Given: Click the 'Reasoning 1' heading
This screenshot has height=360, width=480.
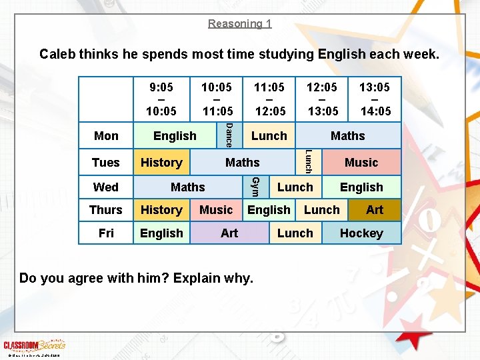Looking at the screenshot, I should tap(239, 24).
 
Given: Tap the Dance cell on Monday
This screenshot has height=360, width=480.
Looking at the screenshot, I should tap(228, 135).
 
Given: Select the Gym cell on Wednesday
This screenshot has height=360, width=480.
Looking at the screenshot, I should tap(255, 187).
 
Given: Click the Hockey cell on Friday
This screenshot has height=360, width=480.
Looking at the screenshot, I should tap(361, 233).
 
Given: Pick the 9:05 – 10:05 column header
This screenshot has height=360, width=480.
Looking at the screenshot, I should tap(162, 99).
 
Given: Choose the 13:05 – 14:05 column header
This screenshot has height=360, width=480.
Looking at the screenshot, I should tap(375, 99).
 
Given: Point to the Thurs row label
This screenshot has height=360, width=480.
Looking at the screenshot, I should tap(106, 210).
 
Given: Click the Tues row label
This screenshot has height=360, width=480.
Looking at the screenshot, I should tap(106, 162).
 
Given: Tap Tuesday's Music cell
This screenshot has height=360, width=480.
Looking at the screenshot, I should tap(361, 162).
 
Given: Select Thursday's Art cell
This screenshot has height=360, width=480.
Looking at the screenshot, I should tap(375, 210).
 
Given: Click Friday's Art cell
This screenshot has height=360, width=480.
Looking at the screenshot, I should tap(229, 233).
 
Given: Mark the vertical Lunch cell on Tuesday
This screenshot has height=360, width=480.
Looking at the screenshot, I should tap(308, 162).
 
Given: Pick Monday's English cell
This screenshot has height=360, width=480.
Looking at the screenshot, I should tap(175, 135).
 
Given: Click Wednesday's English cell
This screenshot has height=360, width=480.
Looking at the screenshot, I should tap(361, 187).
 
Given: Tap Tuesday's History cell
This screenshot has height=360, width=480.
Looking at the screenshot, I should tap(161, 162).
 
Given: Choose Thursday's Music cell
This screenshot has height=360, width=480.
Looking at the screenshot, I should tap(216, 210).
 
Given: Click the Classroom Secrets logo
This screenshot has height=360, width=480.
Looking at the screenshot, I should tap(34, 345).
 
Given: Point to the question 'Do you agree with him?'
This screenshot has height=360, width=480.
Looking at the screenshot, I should tap(136, 278).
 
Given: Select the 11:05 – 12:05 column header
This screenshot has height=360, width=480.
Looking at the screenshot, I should tap(269, 99).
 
